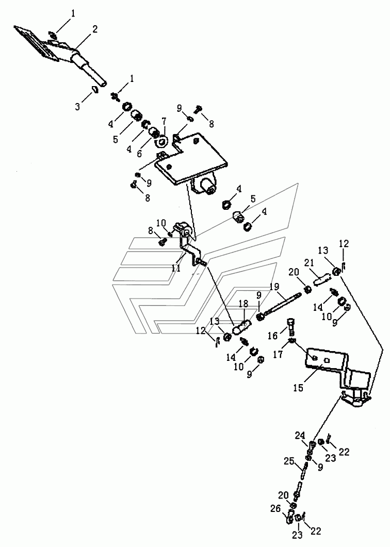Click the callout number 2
(94, 29)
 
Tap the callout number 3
(77, 106)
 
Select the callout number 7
(164, 121)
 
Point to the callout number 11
(176, 268)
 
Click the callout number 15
(299, 387)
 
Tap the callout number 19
(275, 287)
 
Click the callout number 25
(289, 461)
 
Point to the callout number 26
(275, 509)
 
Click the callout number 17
(278, 354)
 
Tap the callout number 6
(140, 154)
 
